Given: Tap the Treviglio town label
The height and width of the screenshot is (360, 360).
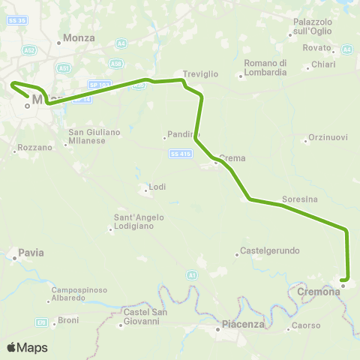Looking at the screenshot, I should click(x=200, y=65).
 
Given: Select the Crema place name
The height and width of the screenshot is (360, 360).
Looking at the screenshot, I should click(x=232, y=158).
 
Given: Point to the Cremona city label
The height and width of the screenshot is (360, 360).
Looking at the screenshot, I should click(x=319, y=292).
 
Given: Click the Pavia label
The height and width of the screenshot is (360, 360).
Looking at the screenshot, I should click(x=33, y=253).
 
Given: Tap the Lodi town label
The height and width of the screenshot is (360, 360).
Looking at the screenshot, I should click(x=157, y=187).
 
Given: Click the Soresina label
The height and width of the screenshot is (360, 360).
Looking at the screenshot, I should click(x=300, y=199).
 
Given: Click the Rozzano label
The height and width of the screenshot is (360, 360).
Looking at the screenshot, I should click(x=36, y=148).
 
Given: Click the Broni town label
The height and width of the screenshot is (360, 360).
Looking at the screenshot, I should click(x=68, y=321).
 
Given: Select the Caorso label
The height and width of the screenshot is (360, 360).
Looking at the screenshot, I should click(x=306, y=326).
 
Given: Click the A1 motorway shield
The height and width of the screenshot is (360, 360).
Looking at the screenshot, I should click(x=192, y=276).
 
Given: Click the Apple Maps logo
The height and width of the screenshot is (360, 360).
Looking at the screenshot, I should click(x=26, y=348).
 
